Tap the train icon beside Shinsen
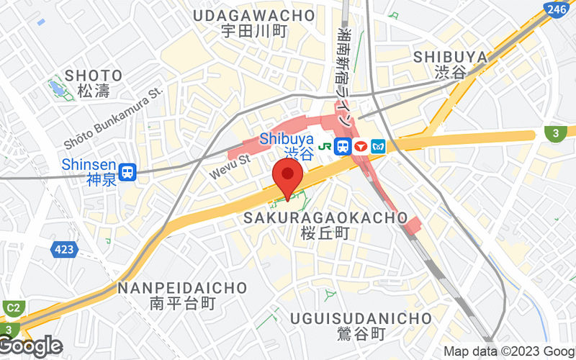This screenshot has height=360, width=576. (128, 171)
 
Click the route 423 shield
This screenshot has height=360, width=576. (64, 250)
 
